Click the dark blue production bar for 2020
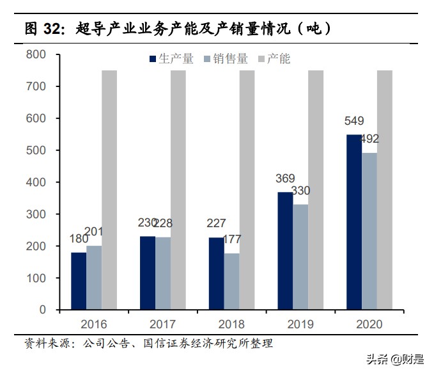coord(353,222)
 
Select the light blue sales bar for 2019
coord(300,257)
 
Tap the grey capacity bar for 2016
coord(109,190)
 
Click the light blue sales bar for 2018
coord(231,282)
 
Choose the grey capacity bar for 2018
coord(247,190)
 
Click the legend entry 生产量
coord(172,59)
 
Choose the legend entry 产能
coord(274,59)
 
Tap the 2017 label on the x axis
coord(162,324)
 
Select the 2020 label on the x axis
coord(368,324)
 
